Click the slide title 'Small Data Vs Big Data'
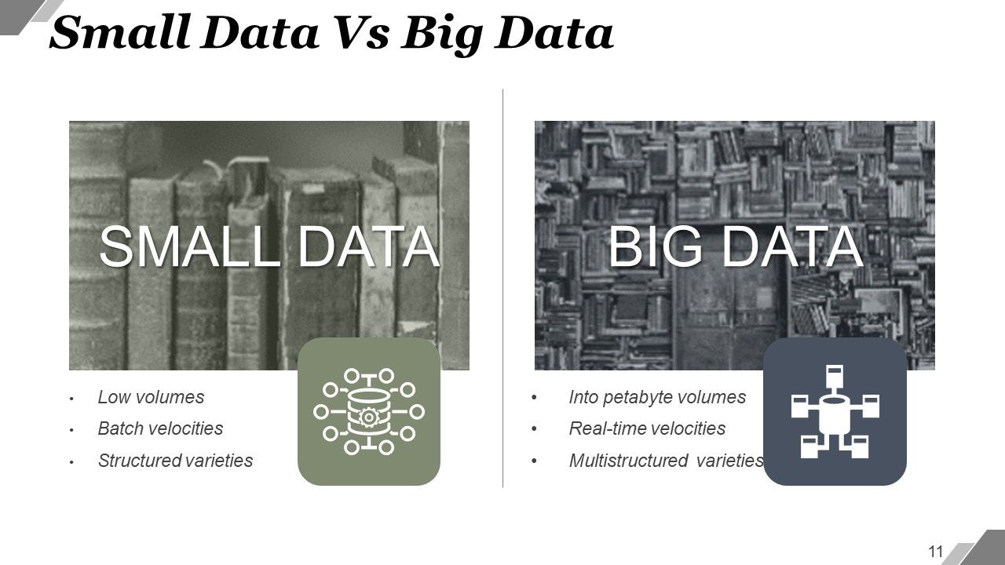click(x=331, y=33)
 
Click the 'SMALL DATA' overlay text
click(x=269, y=246)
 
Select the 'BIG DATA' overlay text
click(x=735, y=246)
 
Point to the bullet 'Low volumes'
click(x=151, y=397)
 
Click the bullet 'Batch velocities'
click(x=160, y=428)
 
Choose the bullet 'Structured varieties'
click(x=175, y=461)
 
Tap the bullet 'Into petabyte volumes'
click(x=657, y=397)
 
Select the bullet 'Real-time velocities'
click(x=647, y=428)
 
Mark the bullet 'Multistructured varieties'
click(x=666, y=461)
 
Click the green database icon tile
click(x=368, y=411)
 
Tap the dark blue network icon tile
click(x=835, y=411)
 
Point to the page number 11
click(x=935, y=550)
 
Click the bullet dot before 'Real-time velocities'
click(x=534, y=429)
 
